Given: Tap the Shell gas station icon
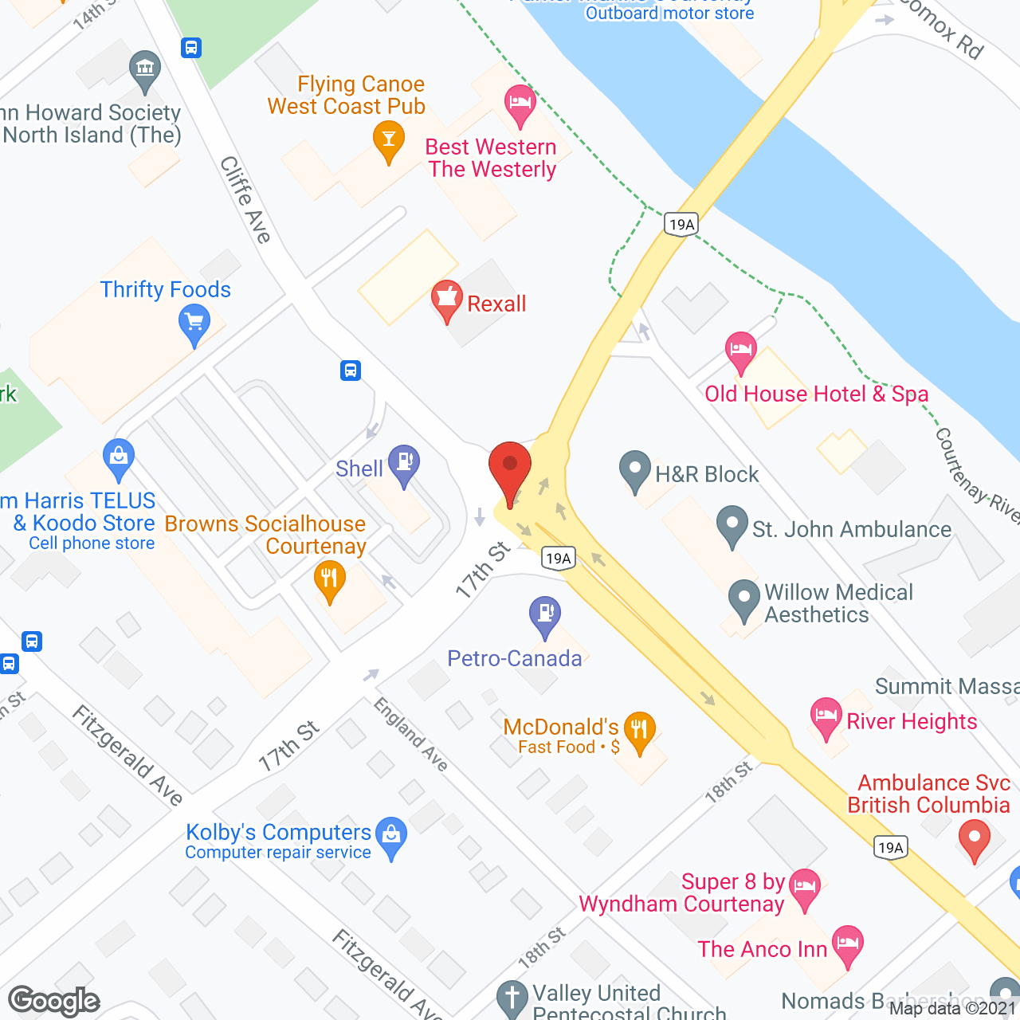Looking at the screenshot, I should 404,465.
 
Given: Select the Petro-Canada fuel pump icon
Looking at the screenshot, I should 545,616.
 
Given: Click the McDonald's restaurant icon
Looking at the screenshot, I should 639,731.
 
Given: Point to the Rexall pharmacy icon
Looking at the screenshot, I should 447,300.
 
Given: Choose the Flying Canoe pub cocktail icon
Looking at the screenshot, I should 389,140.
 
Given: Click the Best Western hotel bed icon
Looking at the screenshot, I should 520,104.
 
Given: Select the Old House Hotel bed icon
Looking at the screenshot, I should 740,351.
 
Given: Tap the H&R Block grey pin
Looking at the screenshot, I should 635,471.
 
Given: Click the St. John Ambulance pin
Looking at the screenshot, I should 732,526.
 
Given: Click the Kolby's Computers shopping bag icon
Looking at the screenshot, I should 391,837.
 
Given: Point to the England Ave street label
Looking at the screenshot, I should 411,734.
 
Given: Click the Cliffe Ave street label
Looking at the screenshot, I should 246,199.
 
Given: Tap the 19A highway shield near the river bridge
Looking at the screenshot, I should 681,225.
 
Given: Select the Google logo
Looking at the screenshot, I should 54,1001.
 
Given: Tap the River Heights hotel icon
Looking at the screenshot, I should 826,716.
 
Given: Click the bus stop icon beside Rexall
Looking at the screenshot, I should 351,371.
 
